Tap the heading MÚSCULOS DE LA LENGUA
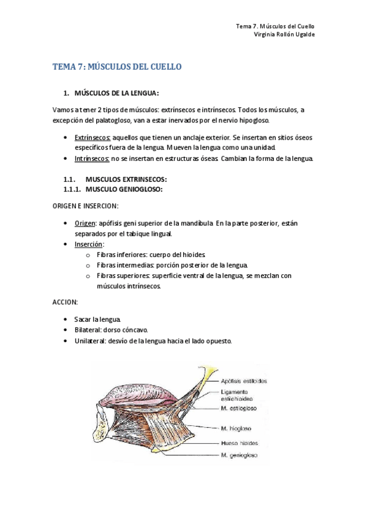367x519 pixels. point(116,93)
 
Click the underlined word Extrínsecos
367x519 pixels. point(93,139)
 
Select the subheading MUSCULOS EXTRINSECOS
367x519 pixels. point(126,179)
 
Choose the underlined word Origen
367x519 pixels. point(85,223)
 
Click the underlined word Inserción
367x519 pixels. point(88,244)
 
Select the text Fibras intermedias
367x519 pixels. point(124,265)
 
